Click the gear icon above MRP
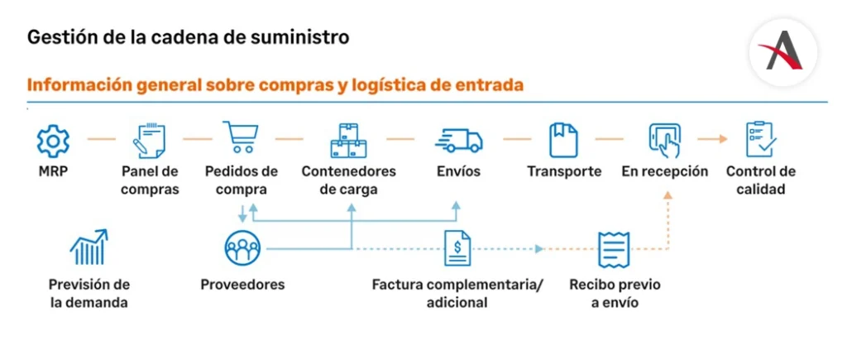[x=53, y=140]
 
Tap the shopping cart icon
[x=241, y=138]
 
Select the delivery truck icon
[x=458, y=140]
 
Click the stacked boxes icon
[x=348, y=140]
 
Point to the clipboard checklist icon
[x=760, y=139]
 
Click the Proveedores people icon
[x=242, y=247]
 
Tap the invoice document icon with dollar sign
[x=457, y=247]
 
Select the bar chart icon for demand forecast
[x=89, y=247]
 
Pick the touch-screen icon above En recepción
[x=665, y=140]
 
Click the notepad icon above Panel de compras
[x=150, y=140]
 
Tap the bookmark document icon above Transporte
[x=563, y=140]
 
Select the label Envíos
[x=458, y=172]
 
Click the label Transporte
[x=564, y=172]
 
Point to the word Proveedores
[x=242, y=285]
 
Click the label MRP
[x=52, y=172]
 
